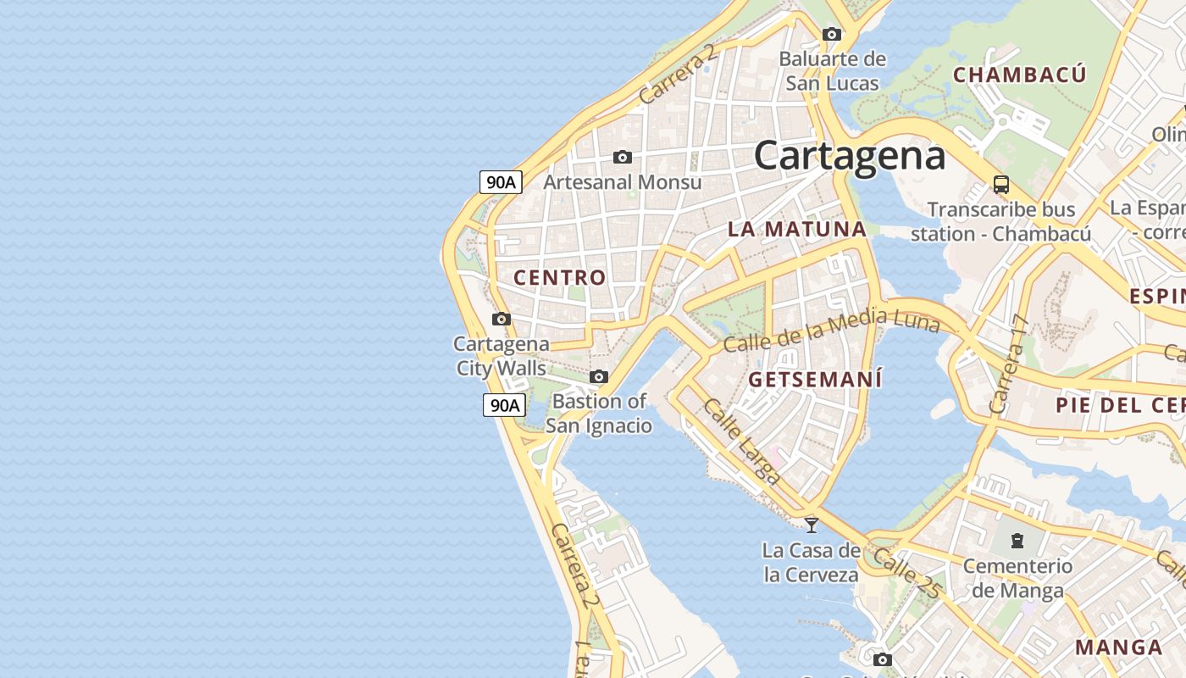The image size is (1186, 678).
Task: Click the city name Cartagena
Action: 849,156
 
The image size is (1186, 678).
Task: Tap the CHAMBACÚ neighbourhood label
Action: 1019,75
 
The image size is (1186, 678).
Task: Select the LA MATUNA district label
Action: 796,229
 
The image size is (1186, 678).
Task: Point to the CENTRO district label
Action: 560,277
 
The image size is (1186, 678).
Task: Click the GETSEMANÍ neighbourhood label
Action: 815,379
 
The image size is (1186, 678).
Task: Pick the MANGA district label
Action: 1118,647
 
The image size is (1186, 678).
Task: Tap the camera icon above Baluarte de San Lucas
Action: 832,35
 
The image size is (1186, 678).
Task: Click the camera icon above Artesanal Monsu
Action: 623,158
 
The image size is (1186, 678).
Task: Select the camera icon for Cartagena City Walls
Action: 502,320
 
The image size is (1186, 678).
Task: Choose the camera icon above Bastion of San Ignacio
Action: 599,377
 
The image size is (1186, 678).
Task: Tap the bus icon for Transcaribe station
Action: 1000,185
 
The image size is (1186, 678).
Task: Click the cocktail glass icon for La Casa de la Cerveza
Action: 812,525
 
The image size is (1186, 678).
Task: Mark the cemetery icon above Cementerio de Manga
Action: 1017,540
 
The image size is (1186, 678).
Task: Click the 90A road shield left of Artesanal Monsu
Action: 501,181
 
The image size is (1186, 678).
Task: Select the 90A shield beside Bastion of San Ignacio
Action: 503,405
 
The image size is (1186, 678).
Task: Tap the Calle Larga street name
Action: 742,442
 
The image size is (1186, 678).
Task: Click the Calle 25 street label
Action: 907,574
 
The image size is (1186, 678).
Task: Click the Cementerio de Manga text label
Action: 1017,577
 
